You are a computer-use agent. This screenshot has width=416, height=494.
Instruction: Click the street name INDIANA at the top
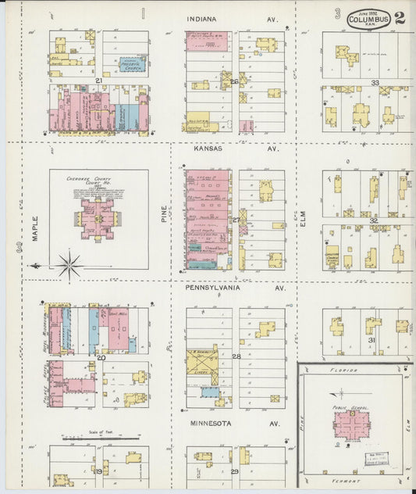[202, 18]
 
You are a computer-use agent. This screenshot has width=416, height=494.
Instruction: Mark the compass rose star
[69, 266]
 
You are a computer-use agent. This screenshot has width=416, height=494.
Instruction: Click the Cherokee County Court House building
[98, 218]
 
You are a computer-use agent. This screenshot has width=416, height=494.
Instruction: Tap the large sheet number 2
[400, 17]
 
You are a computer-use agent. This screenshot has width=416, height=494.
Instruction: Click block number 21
[99, 81]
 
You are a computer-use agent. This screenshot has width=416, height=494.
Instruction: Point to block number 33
[375, 82]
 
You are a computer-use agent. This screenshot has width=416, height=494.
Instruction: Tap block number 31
[372, 341]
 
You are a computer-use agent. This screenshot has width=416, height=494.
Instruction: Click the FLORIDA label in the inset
[342, 370]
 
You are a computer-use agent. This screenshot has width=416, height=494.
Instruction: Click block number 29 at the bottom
[234, 472]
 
